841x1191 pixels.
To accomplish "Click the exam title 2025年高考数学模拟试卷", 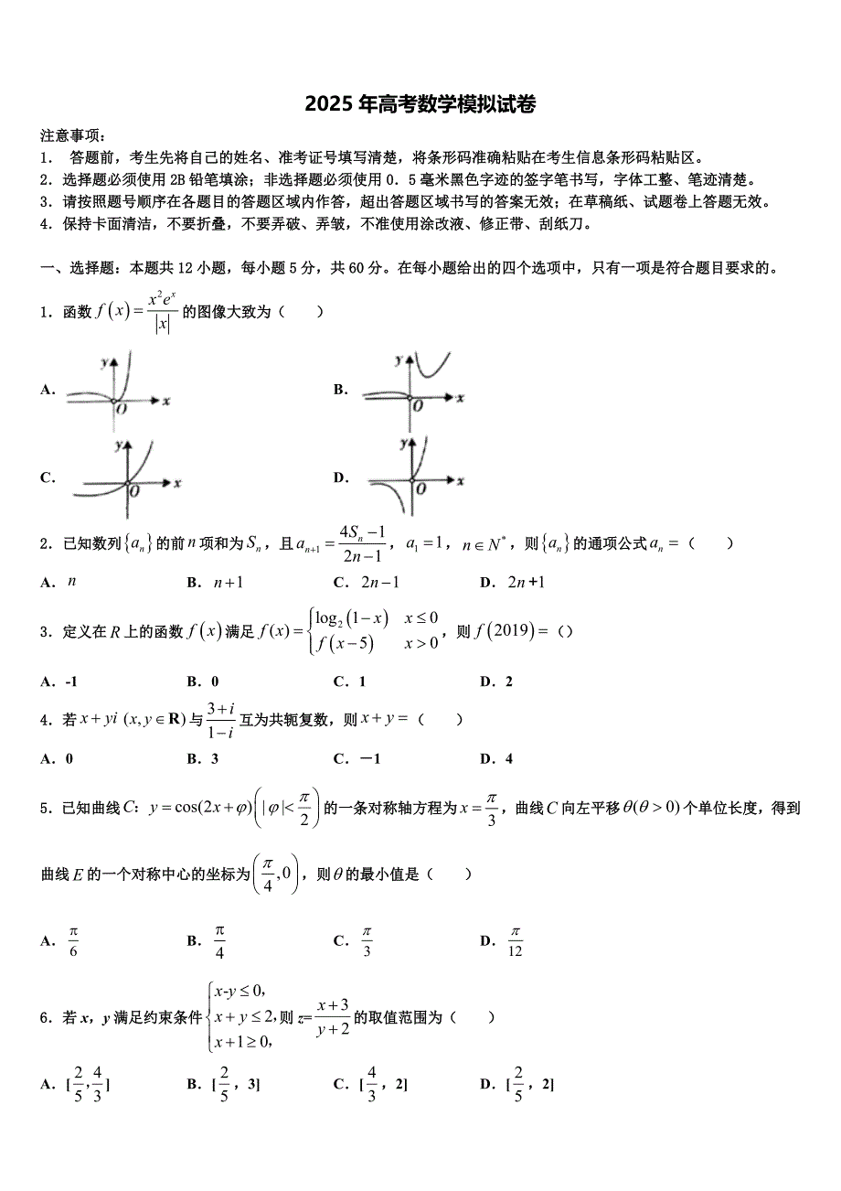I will click(420, 104).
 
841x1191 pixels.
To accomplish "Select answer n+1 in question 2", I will click(227, 583).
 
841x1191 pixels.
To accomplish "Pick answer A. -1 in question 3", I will click(59, 681).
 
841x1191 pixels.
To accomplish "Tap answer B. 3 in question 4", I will click(207, 758).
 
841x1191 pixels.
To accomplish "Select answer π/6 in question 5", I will click(73, 941).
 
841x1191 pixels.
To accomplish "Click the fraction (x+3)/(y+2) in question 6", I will click(332, 1017).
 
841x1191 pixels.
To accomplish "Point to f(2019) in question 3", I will click(504, 631).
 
